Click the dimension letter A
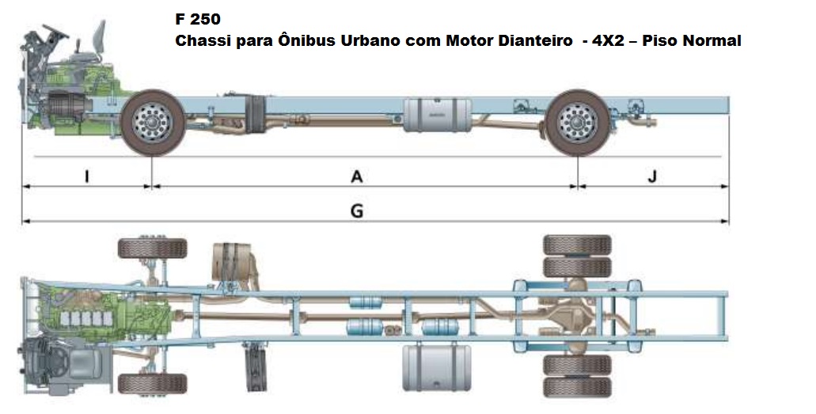pos(357,177)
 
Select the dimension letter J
pos(651,177)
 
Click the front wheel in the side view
pos(152,122)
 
